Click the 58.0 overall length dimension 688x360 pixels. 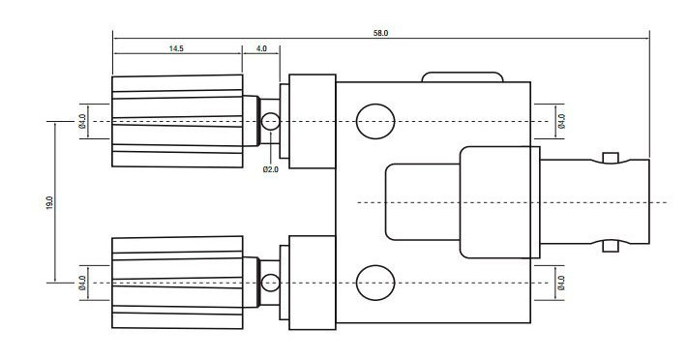tap(380, 33)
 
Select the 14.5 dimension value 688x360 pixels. tap(176, 48)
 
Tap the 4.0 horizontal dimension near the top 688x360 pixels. tap(261, 48)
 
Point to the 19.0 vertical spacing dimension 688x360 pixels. tap(49, 202)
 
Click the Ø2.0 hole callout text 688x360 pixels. tap(270, 169)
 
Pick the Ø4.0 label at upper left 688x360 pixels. tap(82, 121)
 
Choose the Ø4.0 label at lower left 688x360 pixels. tap(82, 283)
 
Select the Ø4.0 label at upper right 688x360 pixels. tap(561, 121)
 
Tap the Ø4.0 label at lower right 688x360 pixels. tap(561, 283)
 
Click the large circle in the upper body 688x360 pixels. tap(375, 121)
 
